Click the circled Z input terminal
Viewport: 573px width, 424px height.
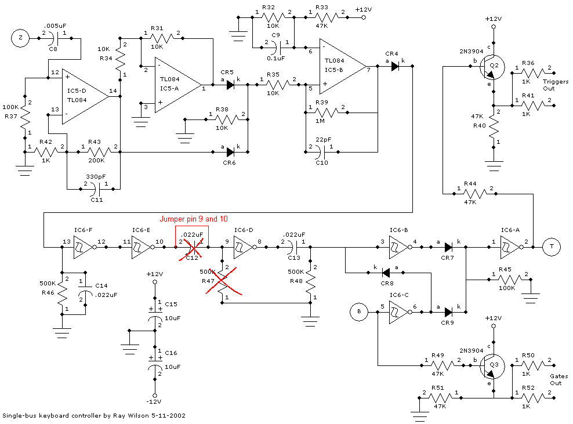point(20,39)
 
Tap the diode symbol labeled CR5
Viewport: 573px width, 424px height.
point(230,85)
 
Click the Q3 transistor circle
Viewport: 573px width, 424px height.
point(492,366)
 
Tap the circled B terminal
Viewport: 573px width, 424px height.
point(359,312)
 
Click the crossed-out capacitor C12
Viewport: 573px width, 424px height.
point(193,248)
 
